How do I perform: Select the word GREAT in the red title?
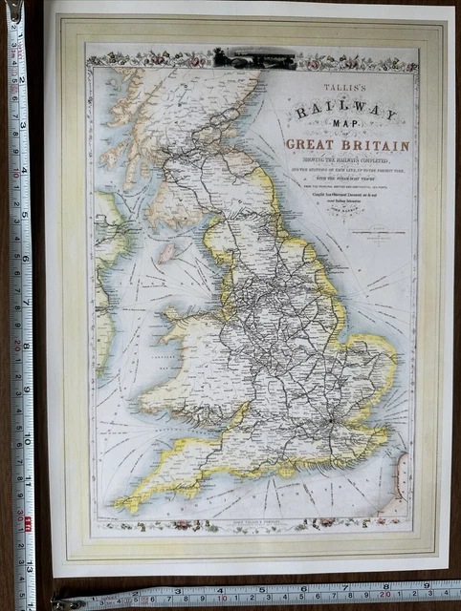313,145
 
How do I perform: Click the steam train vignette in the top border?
254,59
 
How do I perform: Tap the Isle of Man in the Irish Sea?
168,253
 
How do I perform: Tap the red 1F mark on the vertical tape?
28,521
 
